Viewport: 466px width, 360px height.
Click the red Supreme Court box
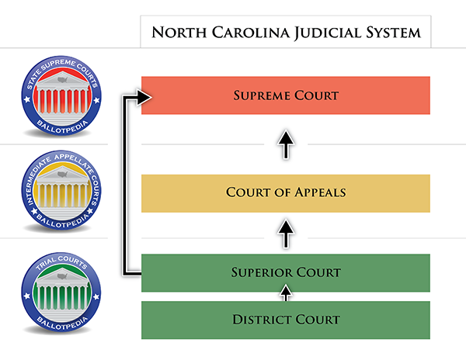pos(285,95)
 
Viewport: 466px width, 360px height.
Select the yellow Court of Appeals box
pos(285,193)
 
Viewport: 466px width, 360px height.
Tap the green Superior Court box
pos(285,272)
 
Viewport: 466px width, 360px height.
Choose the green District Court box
pos(285,320)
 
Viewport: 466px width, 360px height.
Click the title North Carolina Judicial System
pos(285,33)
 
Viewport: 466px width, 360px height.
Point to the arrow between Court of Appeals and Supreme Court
pos(286,145)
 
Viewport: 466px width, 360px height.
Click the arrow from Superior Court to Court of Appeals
pos(286,232)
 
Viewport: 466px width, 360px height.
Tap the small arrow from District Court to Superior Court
pos(286,292)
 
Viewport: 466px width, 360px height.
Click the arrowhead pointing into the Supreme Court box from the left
pos(143,96)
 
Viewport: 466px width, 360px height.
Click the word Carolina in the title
pos(244,33)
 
